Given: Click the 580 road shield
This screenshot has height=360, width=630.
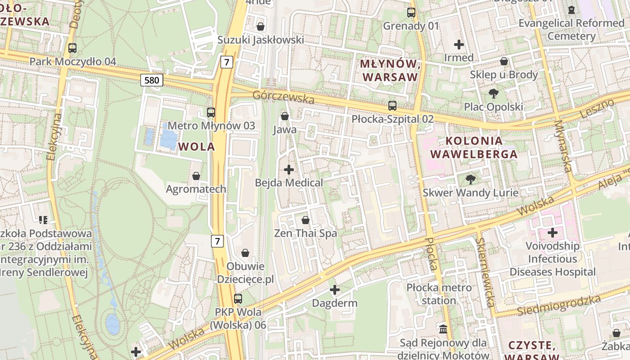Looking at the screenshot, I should tap(152, 81).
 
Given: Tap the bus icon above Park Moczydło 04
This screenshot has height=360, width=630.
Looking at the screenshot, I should tap(72, 48).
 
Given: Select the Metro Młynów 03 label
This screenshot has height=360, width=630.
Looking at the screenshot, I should tap(211, 126).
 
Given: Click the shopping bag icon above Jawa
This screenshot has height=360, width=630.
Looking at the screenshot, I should tap(284, 116).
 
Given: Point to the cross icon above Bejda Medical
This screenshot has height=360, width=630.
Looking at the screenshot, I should tap(289, 170).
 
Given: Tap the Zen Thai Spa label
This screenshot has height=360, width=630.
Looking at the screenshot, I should tap(306, 233).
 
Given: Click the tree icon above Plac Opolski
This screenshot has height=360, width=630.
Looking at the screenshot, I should tap(493, 94).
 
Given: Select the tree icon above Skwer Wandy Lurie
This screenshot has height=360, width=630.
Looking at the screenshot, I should tap(470, 180).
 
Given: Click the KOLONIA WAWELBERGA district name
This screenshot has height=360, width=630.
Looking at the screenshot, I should tap(474, 147).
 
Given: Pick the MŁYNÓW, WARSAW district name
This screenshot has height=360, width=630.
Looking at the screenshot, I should tap(390, 70).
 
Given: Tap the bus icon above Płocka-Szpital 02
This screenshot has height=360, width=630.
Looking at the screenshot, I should tap(392, 106).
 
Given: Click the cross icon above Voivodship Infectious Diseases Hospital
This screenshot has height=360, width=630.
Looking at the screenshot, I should tap(553, 233).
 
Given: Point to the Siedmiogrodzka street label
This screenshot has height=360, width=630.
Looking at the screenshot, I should tap(558, 306).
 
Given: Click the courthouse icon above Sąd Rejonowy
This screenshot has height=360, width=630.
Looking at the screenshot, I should tap(443, 329).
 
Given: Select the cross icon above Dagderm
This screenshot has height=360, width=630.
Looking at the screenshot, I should tap(335, 290).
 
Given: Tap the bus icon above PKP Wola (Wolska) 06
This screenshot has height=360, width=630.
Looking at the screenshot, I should tap(238, 298).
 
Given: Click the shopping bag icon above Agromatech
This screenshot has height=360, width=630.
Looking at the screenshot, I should tap(196, 175).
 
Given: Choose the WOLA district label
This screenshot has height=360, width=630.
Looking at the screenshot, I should tap(196, 147).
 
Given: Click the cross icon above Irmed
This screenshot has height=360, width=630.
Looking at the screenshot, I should tap(459, 45).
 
